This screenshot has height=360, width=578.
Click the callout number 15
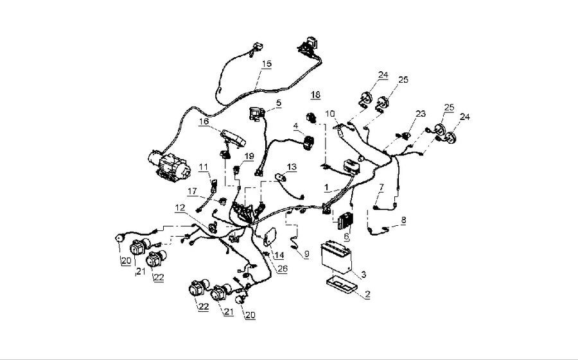click(267, 64)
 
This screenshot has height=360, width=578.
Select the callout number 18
click(315, 95)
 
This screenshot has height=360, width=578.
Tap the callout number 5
click(279, 102)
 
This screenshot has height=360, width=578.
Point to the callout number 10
click(330, 114)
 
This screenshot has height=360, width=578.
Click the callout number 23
click(421, 114)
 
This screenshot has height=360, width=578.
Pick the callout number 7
click(381, 187)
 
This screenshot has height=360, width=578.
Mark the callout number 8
click(403, 219)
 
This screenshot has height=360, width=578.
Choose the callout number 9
click(306, 254)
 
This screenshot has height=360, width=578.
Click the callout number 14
click(279, 255)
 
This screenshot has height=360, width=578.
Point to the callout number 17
click(193, 191)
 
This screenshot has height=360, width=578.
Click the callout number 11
click(203, 167)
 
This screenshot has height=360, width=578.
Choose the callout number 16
click(204, 121)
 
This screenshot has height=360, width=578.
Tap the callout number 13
click(292, 167)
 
